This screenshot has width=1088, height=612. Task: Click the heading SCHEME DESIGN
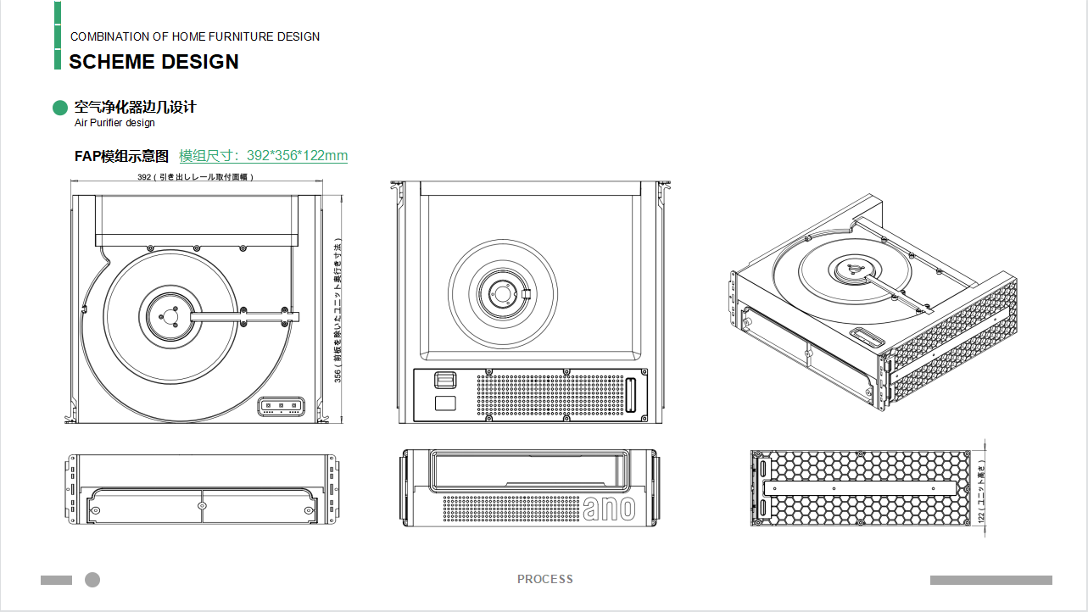pos(153,62)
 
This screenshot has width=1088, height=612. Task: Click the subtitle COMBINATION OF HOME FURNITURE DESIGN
pos(195,36)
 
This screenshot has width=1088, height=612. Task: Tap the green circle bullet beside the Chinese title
pos(59,108)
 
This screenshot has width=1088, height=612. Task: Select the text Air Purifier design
pos(114,123)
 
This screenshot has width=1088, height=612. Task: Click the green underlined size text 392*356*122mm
pos(263,156)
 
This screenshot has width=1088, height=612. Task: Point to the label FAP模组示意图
pos(122,156)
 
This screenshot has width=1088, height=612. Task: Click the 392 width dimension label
pos(195,177)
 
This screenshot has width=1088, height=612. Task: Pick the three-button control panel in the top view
pos(282,406)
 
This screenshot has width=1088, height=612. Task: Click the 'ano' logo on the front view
pos(609,508)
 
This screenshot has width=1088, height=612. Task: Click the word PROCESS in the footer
pos(545,580)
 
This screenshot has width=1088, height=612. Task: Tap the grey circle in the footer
pos(92,580)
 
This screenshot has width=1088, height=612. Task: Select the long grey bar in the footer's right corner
pos(990,581)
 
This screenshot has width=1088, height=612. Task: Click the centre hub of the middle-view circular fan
pos(503,293)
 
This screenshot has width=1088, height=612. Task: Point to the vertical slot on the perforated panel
pos(631,395)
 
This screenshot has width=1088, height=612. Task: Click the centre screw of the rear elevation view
pos(202,505)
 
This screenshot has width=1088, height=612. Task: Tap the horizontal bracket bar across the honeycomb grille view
pos(862,487)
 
